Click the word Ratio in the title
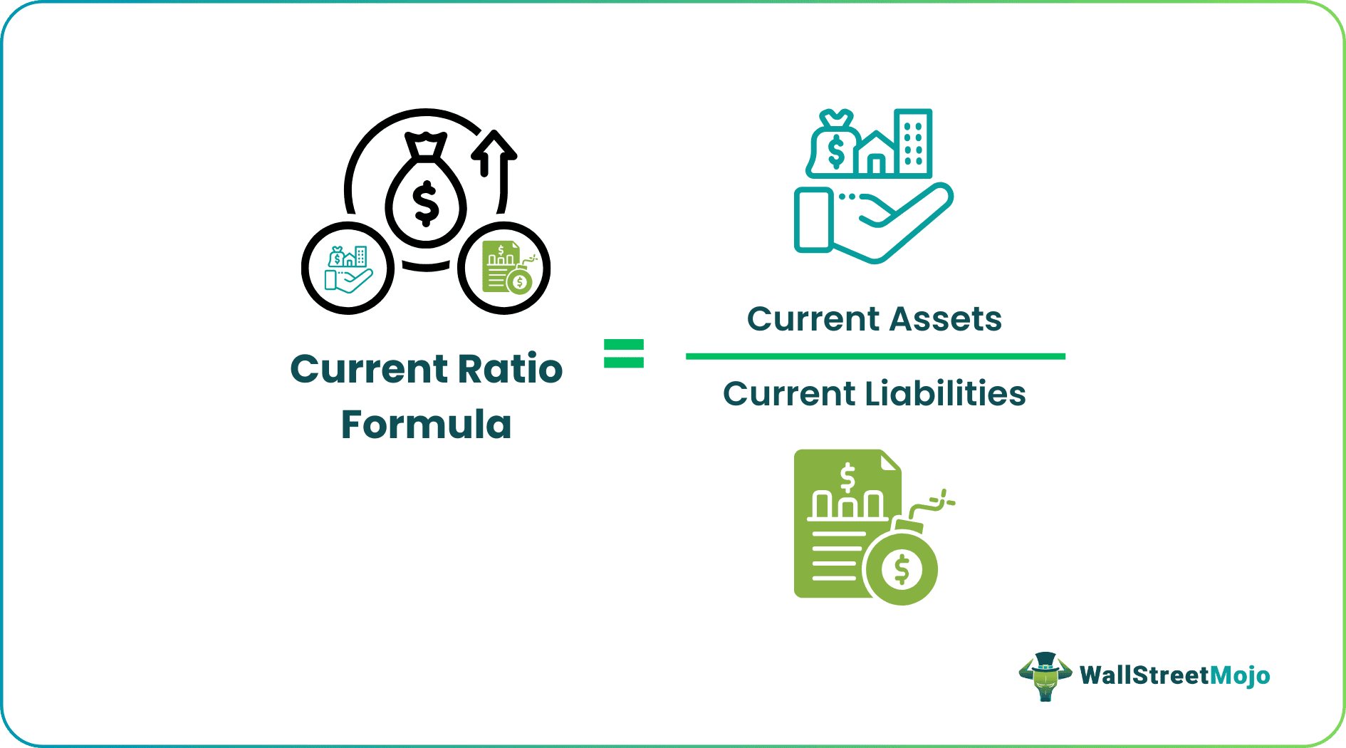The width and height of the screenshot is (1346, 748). click(x=509, y=369)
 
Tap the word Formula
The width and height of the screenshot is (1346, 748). click(x=426, y=425)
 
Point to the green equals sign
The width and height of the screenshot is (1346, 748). click(x=623, y=353)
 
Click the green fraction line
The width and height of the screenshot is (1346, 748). click(x=875, y=356)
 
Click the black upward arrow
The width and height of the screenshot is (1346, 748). click(x=494, y=153)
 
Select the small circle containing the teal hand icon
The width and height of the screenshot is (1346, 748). click(x=348, y=268)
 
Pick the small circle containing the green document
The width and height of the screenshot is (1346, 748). click(x=504, y=268)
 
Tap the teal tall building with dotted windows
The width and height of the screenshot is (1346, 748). click(x=914, y=142)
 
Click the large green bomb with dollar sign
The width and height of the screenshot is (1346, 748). click(x=901, y=568)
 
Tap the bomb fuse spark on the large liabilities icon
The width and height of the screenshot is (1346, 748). click(x=944, y=500)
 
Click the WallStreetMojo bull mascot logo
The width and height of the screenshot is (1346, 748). click(x=1045, y=675)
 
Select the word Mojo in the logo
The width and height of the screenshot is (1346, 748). click(x=1240, y=675)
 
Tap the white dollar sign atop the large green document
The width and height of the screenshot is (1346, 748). click(x=847, y=477)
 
